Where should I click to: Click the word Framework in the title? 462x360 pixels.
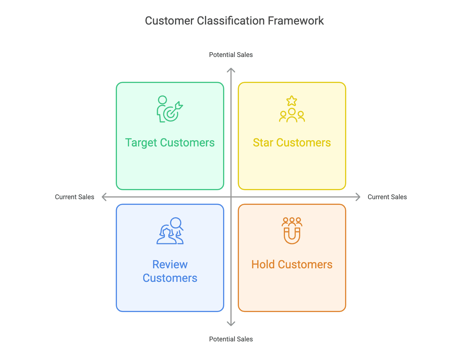pyautogui.click(x=296, y=21)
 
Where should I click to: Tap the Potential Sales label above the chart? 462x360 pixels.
pyautogui.click(x=231, y=55)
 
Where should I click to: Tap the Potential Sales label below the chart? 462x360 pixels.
pyautogui.click(x=231, y=339)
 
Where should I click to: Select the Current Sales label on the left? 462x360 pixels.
pyautogui.click(x=75, y=197)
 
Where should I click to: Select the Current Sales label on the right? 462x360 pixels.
pyautogui.click(x=387, y=197)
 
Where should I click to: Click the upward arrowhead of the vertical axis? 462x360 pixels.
pyautogui.click(x=231, y=70)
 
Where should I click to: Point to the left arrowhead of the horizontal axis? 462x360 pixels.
pyautogui.click(x=104, y=197)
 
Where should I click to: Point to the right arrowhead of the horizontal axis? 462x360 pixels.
pyautogui.click(x=358, y=197)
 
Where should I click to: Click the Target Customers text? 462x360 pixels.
pyautogui.click(x=170, y=143)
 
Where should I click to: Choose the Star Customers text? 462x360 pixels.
pyautogui.click(x=292, y=143)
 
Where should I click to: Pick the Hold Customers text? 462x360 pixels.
pyautogui.click(x=292, y=265)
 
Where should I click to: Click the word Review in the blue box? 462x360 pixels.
pyautogui.click(x=170, y=265)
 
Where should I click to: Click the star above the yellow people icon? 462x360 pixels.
pyautogui.click(x=292, y=101)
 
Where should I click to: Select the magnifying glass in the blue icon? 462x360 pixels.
pyautogui.click(x=176, y=223)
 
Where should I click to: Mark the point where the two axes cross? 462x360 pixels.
pyautogui.click(x=231, y=197)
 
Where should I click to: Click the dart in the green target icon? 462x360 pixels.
pyautogui.click(x=178, y=106)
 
